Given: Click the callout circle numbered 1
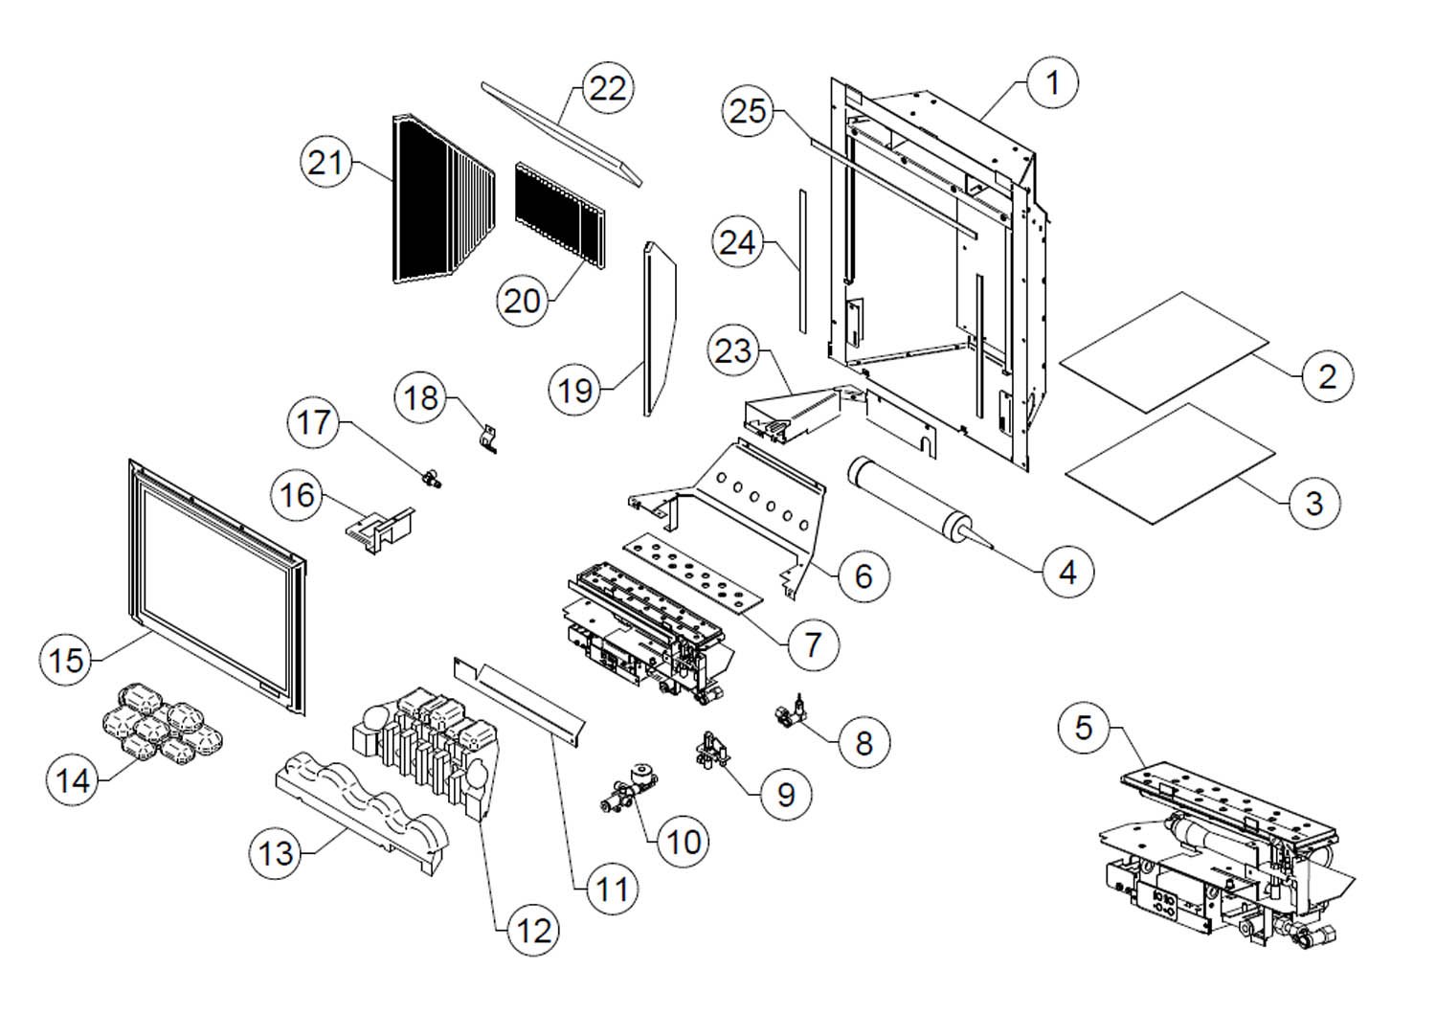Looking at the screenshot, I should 1053,83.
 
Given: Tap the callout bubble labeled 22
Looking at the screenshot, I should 608,88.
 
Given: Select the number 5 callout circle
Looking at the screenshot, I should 1084,728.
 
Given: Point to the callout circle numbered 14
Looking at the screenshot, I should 73,780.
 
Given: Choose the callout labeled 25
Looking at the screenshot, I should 749,111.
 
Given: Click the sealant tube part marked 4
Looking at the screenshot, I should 909,502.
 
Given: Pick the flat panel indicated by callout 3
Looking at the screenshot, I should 1170,463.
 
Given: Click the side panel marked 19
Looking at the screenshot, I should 661,326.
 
